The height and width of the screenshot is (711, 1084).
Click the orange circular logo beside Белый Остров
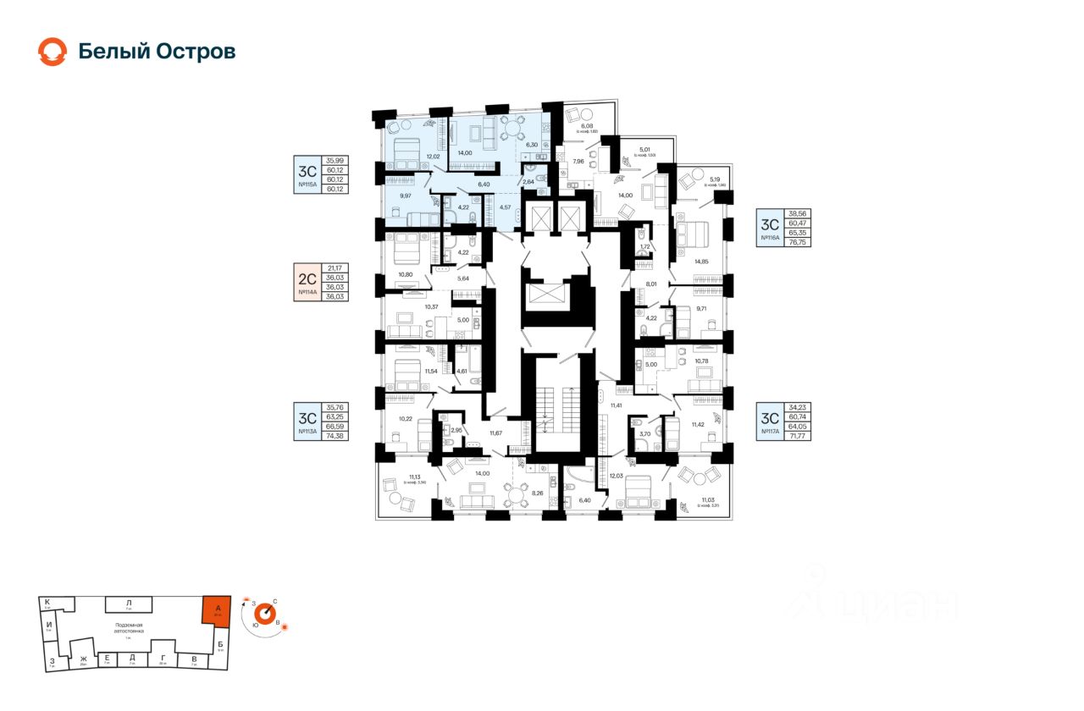[52, 52]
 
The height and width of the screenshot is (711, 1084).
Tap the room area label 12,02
[433, 157]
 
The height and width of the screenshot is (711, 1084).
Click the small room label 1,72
[644, 246]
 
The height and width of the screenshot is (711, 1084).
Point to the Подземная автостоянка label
[130, 626]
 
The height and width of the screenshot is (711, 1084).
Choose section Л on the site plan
[128, 602]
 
